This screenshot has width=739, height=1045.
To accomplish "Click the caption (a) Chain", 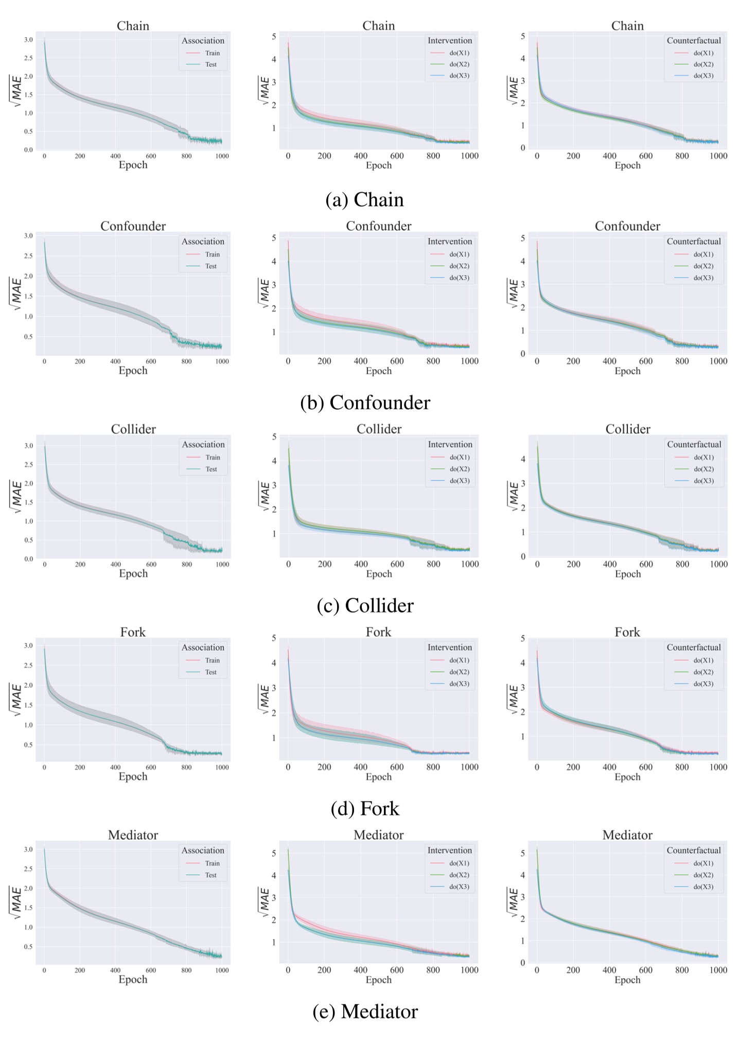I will (364, 200).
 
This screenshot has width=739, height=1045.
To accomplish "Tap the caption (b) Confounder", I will (365, 403).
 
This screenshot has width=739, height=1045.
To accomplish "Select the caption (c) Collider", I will (365, 605).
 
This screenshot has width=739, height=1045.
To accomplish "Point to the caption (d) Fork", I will (365, 808).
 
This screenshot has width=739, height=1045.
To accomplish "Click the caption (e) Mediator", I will (365, 1012).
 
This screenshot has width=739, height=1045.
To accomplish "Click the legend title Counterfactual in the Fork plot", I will (694, 647).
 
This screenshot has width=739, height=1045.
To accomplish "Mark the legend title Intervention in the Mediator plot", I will (449, 850).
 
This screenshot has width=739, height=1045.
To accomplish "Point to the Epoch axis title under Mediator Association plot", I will (133, 979).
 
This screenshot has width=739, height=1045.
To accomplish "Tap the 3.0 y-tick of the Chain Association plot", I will (28, 40).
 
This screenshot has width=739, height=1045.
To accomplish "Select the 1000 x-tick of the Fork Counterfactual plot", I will (718, 767).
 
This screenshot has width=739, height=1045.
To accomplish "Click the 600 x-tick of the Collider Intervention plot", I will (397, 564).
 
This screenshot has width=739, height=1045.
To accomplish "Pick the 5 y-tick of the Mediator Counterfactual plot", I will (523, 853).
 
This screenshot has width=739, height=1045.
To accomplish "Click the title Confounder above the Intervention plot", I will (378, 226).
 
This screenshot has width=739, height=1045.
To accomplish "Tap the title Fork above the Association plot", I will (133, 632).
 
